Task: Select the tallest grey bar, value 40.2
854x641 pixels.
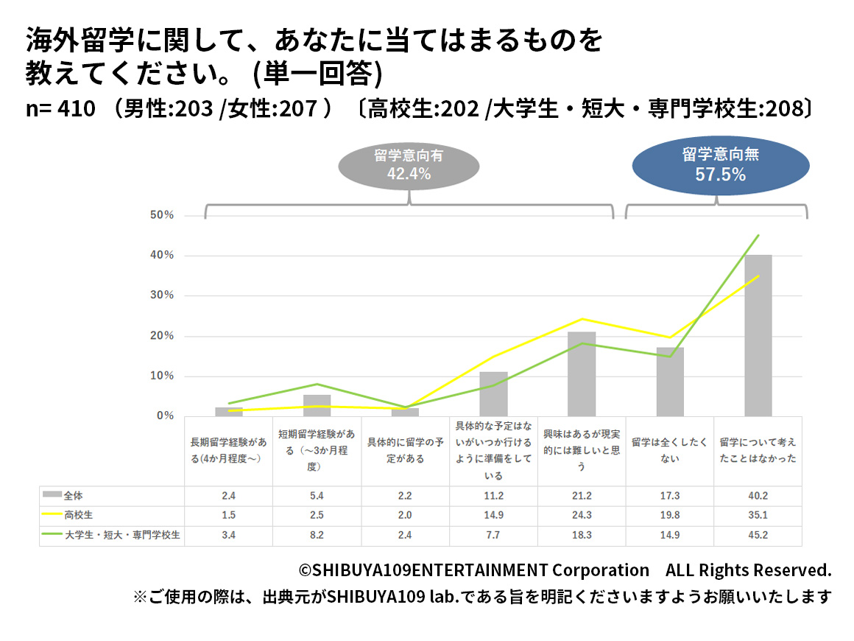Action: (758, 335)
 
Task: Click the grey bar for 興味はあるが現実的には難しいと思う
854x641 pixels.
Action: (582, 374)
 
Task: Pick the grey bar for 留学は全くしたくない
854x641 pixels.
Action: (670, 382)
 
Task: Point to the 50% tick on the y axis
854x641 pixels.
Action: (162, 215)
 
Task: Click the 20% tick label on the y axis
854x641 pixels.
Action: (162, 336)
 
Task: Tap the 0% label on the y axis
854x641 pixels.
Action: (165, 416)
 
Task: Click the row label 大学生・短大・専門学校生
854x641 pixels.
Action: (122, 536)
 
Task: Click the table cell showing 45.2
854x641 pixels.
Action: (758, 536)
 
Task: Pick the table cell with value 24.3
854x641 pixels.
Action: (582, 516)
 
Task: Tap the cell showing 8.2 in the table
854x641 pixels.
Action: (317, 536)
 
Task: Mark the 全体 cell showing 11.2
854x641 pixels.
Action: (493, 496)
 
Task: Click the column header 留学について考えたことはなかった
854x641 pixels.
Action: (758, 450)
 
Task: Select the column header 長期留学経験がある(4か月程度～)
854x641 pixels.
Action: (228, 450)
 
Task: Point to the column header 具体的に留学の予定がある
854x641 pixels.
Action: (406, 450)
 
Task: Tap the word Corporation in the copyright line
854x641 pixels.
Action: (601, 570)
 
